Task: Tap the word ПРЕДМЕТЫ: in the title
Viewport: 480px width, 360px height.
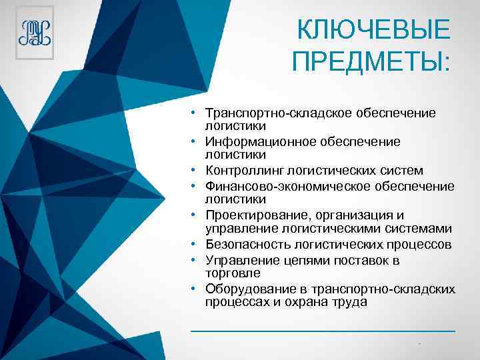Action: point(371,63)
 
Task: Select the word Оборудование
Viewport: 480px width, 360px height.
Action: point(245,289)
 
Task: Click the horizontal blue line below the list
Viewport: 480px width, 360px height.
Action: point(323,330)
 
